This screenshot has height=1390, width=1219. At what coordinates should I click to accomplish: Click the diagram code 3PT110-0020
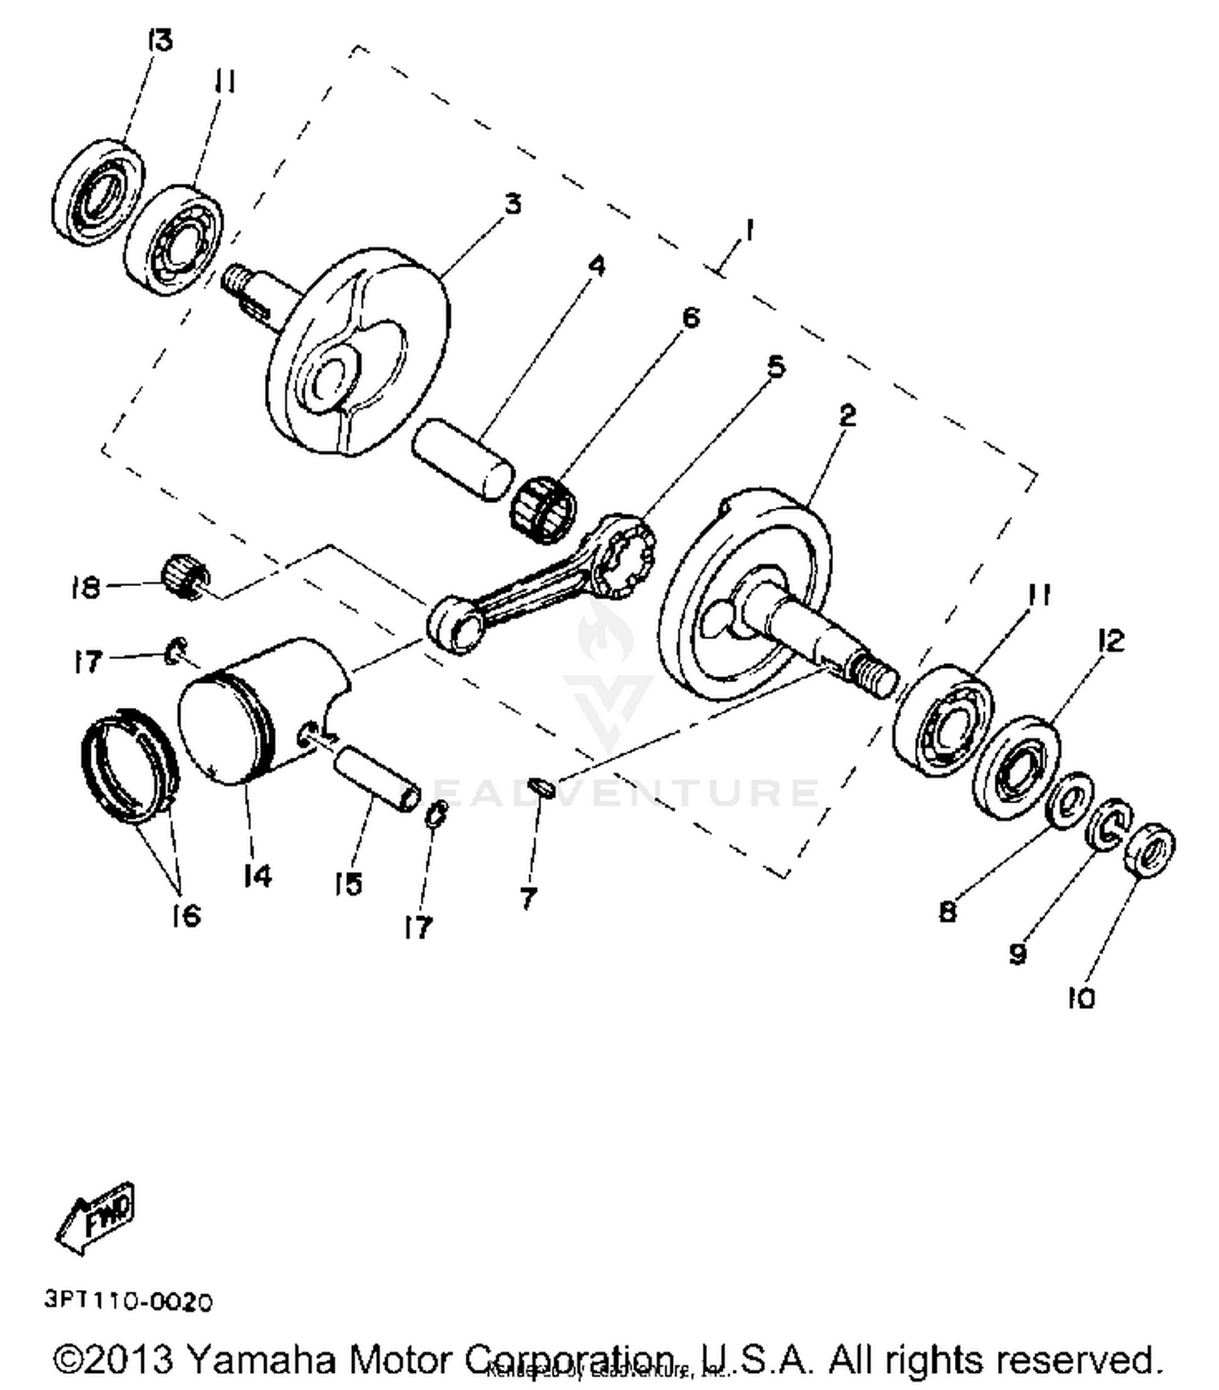pyautogui.click(x=129, y=1301)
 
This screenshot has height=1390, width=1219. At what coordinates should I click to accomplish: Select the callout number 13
pyautogui.click(x=159, y=39)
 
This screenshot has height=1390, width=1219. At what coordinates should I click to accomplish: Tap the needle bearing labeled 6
pyautogui.click(x=543, y=510)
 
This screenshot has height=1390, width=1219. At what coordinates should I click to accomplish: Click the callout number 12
pyautogui.click(x=1109, y=641)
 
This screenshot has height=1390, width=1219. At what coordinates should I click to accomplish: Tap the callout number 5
pyautogui.click(x=776, y=367)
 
